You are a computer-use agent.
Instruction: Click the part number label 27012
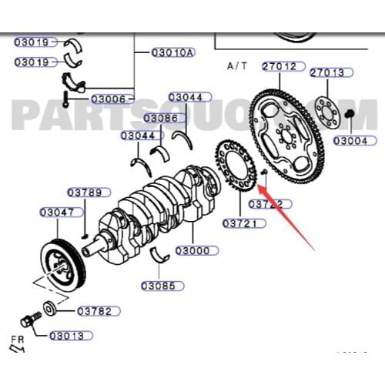pyautogui.click(x=279, y=66)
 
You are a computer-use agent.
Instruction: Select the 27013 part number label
pyautogui.click(x=328, y=72)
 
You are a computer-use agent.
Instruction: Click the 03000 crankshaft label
pyautogui.click(x=192, y=251)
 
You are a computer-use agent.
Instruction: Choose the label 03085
pyautogui.click(x=162, y=286)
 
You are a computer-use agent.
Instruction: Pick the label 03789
pyautogui.click(x=84, y=192)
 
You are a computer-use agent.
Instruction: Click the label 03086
pyautogui.click(x=159, y=118)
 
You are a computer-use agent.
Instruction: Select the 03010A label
pyautogui.click(x=172, y=52)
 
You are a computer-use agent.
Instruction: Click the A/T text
pyautogui.click(x=236, y=66)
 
